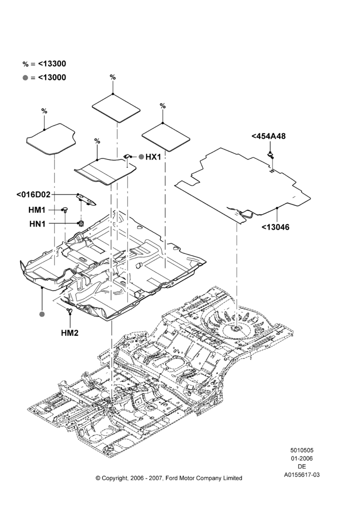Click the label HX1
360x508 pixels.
pyautogui.click(x=153, y=157)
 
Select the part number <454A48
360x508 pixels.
pyautogui.click(x=268, y=136)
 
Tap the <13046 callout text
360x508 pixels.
pyautogui.click(x=276, y=227)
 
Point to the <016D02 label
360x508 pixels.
pyautogui.click(x=34, y=195)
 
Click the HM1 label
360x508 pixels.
pyautogui.click(x=37, y=210)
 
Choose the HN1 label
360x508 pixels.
pyautogui.click(x=37, y=224)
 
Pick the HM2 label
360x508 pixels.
pyautogui.click(x=70, y=333)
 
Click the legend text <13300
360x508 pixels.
pyautogui.click(x=52, y=64)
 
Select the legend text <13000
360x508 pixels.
pyautogui.click(x=52, y=77)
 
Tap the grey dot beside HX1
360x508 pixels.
pyautogui.click(x=141, y=157)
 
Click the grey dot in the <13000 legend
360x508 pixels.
pyautogui.click(x=25, y=78)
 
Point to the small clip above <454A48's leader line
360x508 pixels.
pyautogui.click(x=271, y=154)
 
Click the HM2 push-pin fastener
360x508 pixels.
pyautogui.click(x=69, y=311)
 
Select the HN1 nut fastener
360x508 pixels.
pyautogui.click(x=80, y=223)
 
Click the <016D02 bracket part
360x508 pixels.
pyautogui.click(x=86, y=199)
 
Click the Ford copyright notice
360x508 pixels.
pyautogui.click(x=169, y=478)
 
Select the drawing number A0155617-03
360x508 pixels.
pyautogui.click(x=302, y=474)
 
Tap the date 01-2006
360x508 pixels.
pyautogui.click(x=302, y=458)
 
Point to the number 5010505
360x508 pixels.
pyautogui.click(x=302, y=450)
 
